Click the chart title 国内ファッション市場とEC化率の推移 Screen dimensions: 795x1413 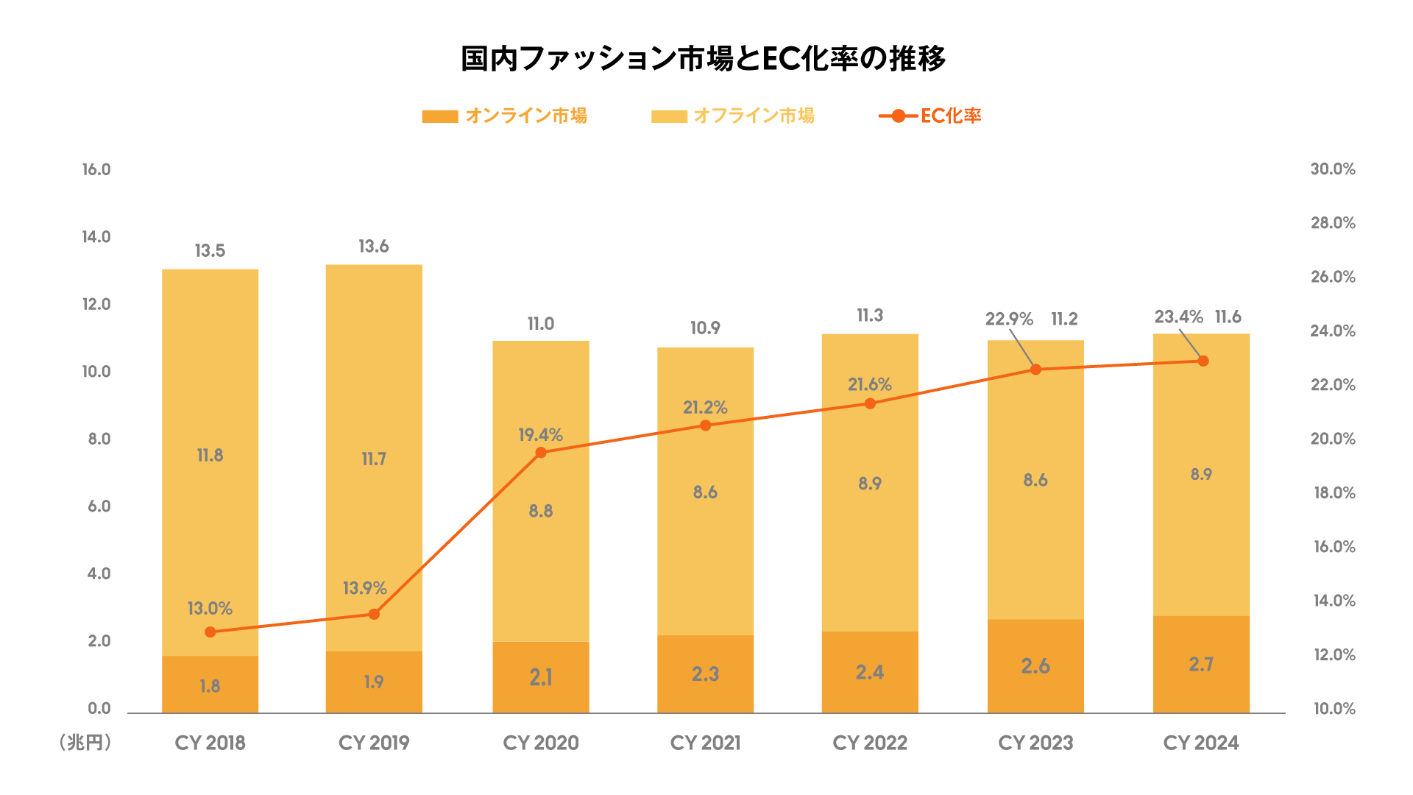[703, 59]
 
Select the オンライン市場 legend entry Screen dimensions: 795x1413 [505, 116]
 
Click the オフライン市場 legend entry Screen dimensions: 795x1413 [733, 116]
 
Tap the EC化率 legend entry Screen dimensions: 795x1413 [930, 116]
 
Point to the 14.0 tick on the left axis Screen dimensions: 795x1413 [96, 237]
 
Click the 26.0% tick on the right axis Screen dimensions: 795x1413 [1333, 277]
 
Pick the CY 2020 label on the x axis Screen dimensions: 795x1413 [541, 743]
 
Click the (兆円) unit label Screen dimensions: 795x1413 [85, 743]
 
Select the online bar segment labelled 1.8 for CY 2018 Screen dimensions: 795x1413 [210, 685]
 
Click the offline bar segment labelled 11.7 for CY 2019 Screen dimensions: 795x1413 [374, 458]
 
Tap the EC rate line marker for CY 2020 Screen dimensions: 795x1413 [541, 453]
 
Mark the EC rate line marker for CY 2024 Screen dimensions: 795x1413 [1203, 361]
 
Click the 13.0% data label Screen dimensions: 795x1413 [210, 609]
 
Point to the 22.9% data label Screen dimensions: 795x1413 [1009, 319]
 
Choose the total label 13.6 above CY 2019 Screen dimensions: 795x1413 [374, 247]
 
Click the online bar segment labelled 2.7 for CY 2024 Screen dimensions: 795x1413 [1201, 664]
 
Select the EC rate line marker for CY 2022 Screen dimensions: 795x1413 [870, 403]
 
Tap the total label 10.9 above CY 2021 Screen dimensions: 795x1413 [705, 328]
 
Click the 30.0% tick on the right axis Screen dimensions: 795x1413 [1333, 169]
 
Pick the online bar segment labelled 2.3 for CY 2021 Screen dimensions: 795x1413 [705, 674]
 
